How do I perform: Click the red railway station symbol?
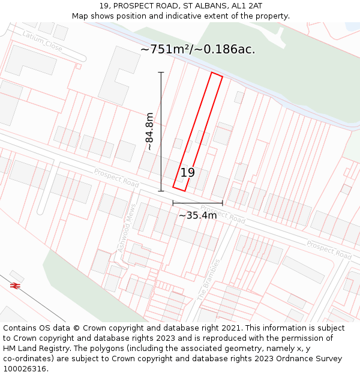tap(16, 286)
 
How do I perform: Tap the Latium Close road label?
tap(42, 41)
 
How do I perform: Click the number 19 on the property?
tap(187, 173)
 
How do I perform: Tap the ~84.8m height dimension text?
tap(149, 131)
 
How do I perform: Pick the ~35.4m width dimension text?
tap(197, 215)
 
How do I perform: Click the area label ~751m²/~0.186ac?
tap(197, 50)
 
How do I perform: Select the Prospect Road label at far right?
tap(328, 250)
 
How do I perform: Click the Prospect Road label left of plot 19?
tap(116, 177)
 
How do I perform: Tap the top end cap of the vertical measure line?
tap(161, 73)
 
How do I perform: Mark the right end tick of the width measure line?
tap(223, 203)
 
